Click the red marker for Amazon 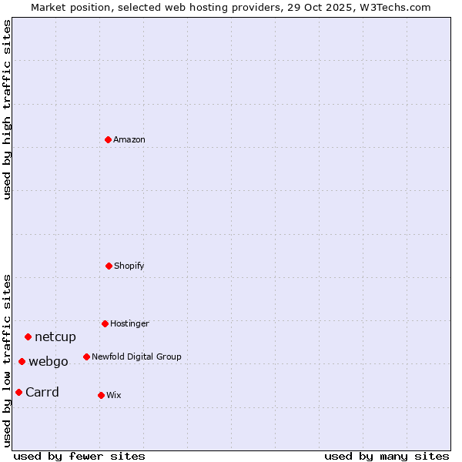click(x=108, y=139)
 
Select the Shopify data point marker click(x=109, y=266)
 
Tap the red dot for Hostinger click(x=105, y=323)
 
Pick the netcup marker click(x=28, y=336)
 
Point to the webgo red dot click(x=22, y=361)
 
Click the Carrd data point click(x=18, y=392)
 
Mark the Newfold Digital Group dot click(x=86, y=357)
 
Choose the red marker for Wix click(x=101, y=395)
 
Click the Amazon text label click(x=129, y=139)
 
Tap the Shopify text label click(x=129, y=266)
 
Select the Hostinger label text click(x=129, y=323)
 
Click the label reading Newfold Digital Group click(x=136, y=357)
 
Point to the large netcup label click(x=55, y=336)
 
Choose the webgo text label click(x=49, y=361)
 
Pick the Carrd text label click(x=42, y=392)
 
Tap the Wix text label click(x=114, y=395)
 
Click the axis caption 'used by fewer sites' click(x=79, y=456)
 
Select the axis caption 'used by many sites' click(x=387, y=456)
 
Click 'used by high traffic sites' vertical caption click(x=7, y=109)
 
